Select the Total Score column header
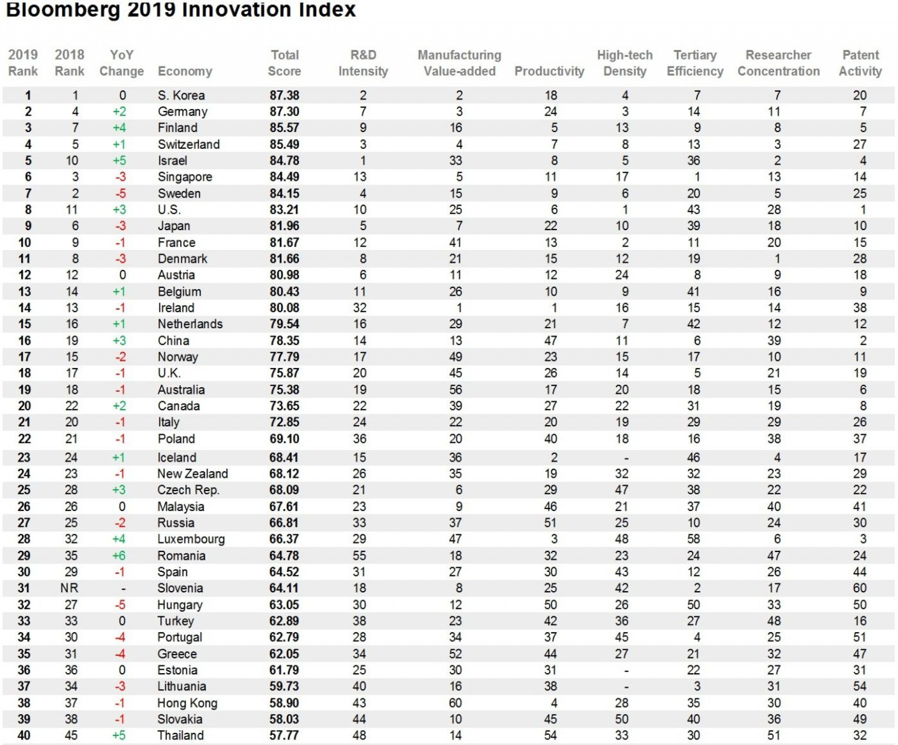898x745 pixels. (x=284, y=63)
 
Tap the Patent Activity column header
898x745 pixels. (x=860, y=63)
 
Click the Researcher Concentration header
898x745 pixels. (x=778, y=63)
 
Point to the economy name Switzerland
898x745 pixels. (x=189, y=144)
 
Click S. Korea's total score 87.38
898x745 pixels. (x=284, y=95)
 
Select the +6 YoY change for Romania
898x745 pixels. (x=119, y=555)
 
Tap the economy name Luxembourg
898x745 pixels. (x=191, y=539)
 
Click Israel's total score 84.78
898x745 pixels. (x=284, y=160)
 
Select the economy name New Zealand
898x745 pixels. (x=193, y=473)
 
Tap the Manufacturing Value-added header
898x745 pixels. (x=459, y=63)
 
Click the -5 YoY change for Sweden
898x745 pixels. (x=120, y=193)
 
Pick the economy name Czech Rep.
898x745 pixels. (x=188, y=489)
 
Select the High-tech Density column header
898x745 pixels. (x=625, y=63)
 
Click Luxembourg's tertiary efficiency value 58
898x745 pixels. (x=693, y=539)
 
